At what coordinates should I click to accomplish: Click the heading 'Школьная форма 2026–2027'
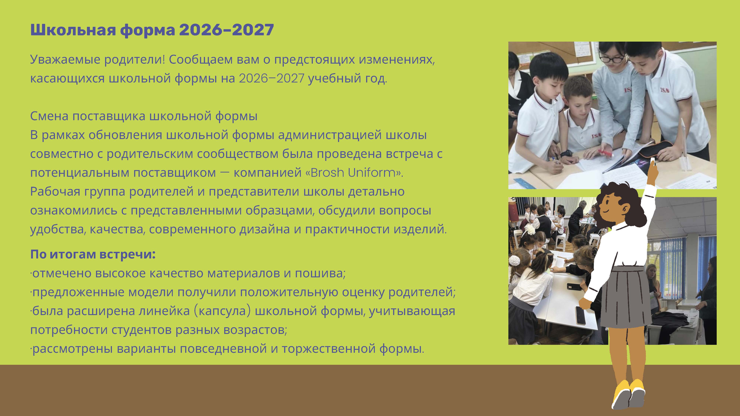[152, 30]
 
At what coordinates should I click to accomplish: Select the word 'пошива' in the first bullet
[320, 273]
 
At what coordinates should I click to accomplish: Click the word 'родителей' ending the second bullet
[422, 292]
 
